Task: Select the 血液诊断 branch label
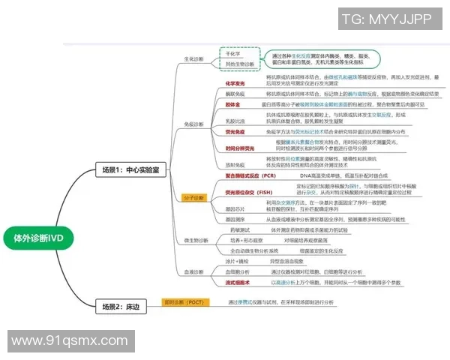193,271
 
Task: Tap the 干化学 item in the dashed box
235,55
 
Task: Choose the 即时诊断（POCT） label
184,302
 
